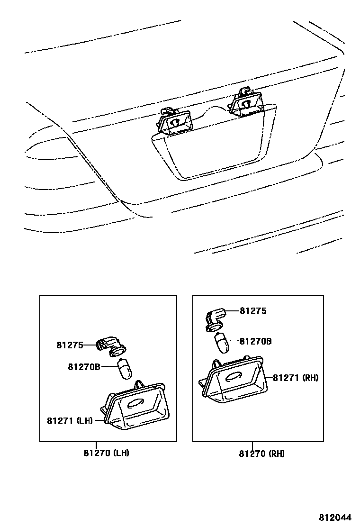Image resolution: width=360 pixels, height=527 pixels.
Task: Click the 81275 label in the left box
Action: [x=70, y=345]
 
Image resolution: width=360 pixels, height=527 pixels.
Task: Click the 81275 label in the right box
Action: [x=253, y=311]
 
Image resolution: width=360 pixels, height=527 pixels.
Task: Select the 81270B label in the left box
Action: [x=84, y=366]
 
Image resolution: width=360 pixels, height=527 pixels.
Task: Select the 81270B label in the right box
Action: [x=255, y=341]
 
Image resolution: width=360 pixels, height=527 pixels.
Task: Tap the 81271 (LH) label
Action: [x=70, y=420]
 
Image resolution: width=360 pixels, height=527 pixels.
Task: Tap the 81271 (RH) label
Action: [x=295, y=378]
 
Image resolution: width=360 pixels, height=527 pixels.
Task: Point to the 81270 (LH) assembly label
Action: [x=107, y=453]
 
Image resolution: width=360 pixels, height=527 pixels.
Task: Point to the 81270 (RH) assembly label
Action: [x=261, y=454]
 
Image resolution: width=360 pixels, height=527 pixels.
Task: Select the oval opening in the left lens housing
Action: [x=135, y=403]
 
